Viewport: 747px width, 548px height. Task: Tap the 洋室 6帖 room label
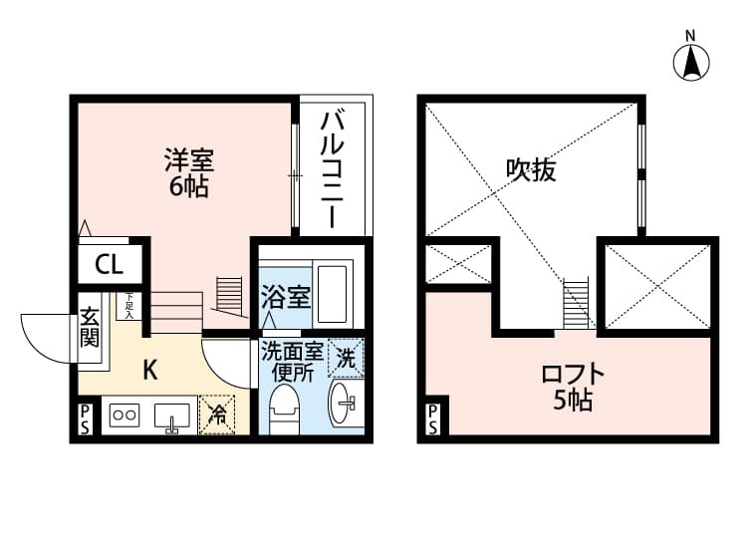click(x=189, y=172)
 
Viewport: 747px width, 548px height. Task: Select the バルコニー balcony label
click(x=332, y=169)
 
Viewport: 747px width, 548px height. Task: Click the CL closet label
click(x=110, y=264)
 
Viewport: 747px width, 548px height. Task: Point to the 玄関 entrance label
click(x=90, y=328)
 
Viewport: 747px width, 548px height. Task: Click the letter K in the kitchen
click(x=150, y=370)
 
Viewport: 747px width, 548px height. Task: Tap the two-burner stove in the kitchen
click(x=124, y=415)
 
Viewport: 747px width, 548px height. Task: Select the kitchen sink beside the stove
click(x=172, y=416)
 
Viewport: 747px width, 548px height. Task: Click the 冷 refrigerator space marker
click(x=217, y=414)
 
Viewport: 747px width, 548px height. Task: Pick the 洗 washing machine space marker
click(x=346, y=358)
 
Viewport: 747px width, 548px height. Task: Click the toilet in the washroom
click(x=284, y=410)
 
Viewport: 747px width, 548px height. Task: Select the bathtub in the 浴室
click(x=332, y=294)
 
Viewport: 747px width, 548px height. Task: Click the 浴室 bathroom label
click(x=286, y=297)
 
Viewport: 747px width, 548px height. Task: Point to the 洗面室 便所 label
click(x=293, y=362)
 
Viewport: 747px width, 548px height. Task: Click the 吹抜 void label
click(x=531, y=169)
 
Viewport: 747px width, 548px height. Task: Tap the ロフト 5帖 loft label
click(x=573, y=387)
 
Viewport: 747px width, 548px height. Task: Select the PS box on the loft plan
click(x=432, y=419)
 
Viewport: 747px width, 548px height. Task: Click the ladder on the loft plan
click(x=576, y=305)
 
